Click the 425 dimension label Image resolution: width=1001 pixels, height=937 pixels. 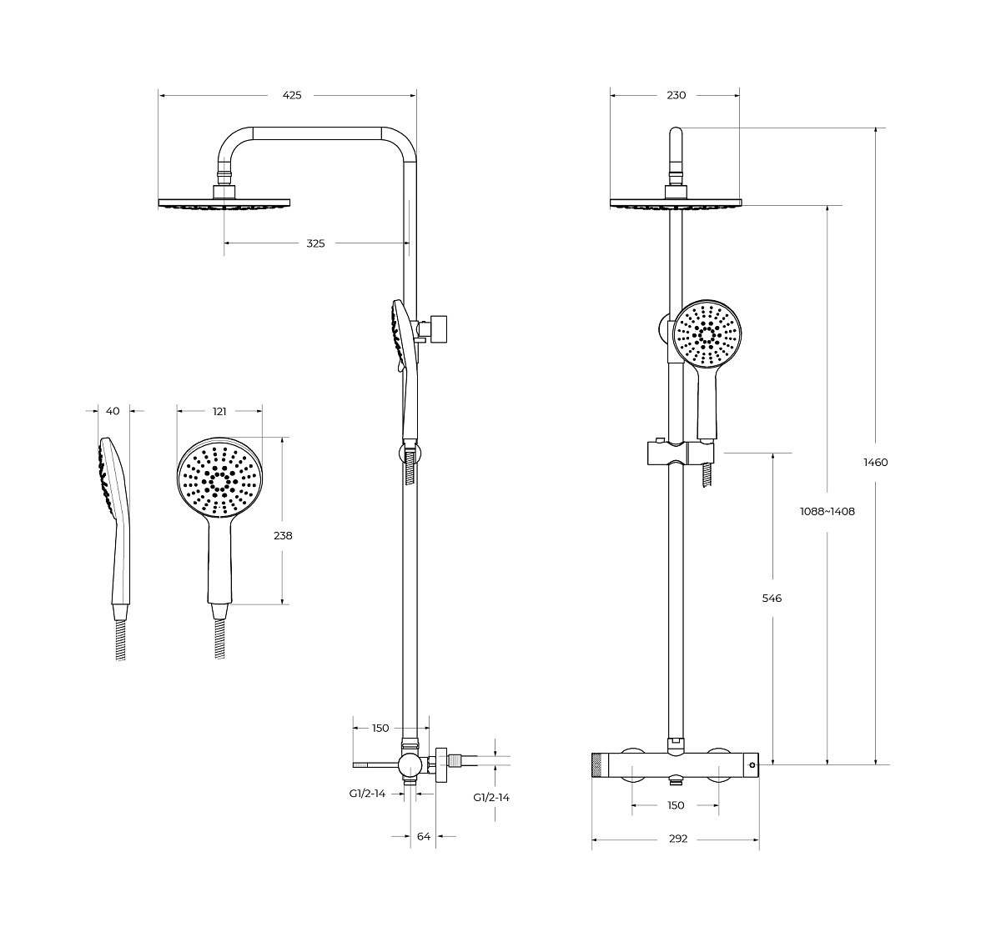pos(292,95)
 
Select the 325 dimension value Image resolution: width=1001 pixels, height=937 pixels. pos(315,243)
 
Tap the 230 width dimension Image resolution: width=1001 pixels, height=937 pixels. pos(676,95)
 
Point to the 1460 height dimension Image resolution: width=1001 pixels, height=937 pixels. pos(876,462)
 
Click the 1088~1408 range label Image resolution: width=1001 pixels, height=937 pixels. pos(827,511)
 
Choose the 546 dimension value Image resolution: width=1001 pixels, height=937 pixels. pos(772,598)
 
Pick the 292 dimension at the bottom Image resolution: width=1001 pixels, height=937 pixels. pos(678,839)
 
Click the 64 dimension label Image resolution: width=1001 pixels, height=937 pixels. pos(424,836)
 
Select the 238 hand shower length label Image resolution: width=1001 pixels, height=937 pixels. pos(283,535)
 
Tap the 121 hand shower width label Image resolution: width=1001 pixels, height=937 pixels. pos(219,412)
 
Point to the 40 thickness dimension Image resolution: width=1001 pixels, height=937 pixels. pos(113,411)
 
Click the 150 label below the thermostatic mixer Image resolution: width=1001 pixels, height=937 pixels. pos(676,805)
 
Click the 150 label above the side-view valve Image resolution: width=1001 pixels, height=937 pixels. pos(380,728)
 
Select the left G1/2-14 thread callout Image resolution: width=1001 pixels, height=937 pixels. pos(367,794)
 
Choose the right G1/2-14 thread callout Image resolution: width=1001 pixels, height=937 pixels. pos(491,798)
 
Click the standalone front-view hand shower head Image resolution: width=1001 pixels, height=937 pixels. pos(219,477)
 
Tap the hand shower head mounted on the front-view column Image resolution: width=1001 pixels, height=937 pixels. pos(707,333)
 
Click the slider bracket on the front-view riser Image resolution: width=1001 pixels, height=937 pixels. pos(681,453)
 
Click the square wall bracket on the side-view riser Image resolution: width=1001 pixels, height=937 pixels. pos(440,329)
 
